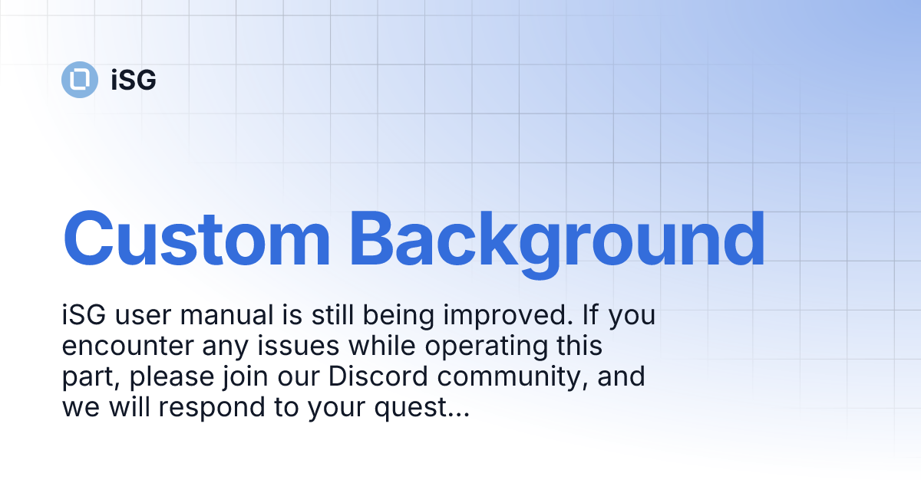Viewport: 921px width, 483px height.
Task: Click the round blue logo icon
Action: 80,80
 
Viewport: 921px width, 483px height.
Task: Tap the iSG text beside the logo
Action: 134,80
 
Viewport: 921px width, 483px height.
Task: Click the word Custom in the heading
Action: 196,239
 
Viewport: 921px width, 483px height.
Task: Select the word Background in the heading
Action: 557,245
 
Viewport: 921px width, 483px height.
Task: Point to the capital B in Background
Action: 372,239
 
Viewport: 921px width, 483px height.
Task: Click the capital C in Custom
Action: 88,239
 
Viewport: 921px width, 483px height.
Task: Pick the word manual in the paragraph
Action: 226,315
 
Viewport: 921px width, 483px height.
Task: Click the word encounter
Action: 127,347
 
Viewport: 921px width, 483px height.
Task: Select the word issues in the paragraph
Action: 298,346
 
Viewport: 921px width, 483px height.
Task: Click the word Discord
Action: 378,376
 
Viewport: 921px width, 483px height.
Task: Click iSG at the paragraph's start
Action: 84,315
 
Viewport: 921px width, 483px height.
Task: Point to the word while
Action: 382,346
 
